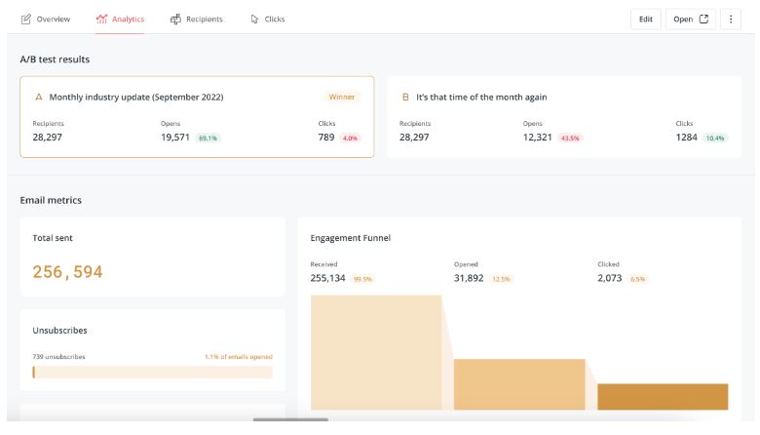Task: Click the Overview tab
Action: point(46,19)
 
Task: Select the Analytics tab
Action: point(120,19)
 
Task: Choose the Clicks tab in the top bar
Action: point(268,19)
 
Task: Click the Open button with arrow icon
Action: point(691,19)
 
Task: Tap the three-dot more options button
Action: point(731,19)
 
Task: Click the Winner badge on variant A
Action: point(342,97)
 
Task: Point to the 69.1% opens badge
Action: point(208,138)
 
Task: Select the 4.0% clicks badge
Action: point(350,138)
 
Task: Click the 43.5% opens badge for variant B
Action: point(570,138)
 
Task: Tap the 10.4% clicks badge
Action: point(716,138)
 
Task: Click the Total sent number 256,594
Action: point(67,272)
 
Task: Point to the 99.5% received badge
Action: point(362,279)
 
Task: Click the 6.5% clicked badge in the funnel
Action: point(638,279)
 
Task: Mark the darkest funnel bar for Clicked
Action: point(663,397)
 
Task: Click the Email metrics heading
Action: point(51,200)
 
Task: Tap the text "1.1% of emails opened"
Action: point(238,357)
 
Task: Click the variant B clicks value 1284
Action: point(687,138)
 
